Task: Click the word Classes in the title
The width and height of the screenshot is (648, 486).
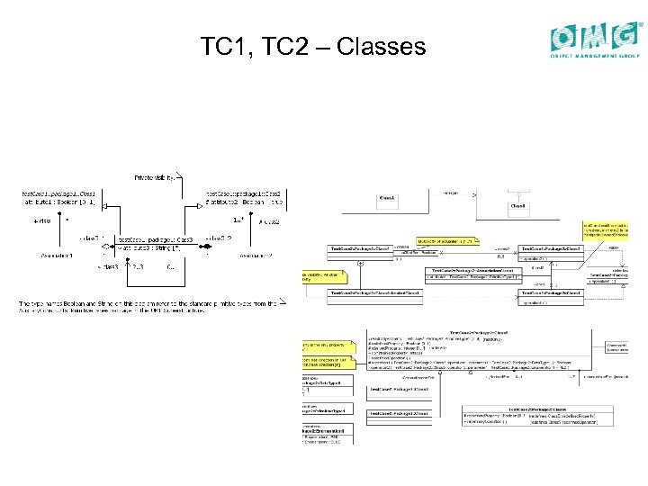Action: [381, 46]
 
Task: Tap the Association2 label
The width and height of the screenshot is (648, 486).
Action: [256, 256]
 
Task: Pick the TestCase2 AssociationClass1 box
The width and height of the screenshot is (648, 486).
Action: [473, 273]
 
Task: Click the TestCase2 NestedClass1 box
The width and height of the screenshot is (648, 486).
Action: [374, 292]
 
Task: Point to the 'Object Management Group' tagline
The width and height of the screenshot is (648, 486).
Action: [595, 55]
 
